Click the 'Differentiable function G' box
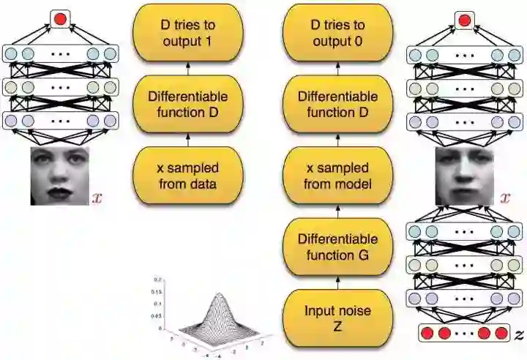point(337,247)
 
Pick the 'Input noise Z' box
point(337,318)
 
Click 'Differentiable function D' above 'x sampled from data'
point(187,105)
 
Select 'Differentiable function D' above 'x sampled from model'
point(337,105)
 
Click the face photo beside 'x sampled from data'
point(59,176)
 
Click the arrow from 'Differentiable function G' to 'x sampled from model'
point(337,211)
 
